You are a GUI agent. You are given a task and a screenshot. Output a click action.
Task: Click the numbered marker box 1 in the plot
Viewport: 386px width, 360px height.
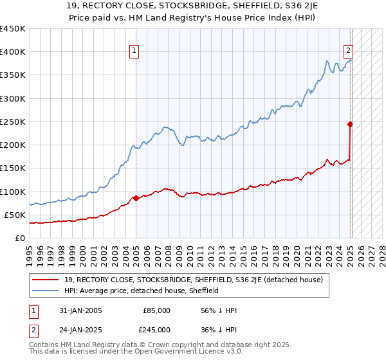(x=135, y=52)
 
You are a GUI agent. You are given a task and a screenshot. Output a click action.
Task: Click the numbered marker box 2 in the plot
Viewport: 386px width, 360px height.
(x=348, y=52)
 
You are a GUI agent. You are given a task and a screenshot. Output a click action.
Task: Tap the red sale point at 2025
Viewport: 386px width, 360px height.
(x=351, y=124)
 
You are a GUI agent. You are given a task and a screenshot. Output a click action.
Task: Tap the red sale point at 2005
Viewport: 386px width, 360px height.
(x=136, y=199)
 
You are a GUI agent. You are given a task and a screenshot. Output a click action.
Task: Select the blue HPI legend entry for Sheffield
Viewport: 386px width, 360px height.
(x=142, y=291)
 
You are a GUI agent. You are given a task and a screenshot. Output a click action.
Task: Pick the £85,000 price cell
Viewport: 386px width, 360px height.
(x=156, y=310)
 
